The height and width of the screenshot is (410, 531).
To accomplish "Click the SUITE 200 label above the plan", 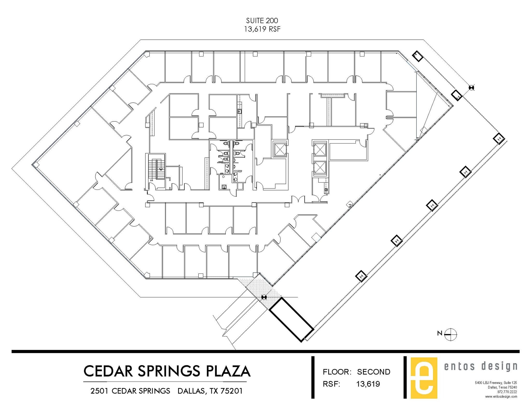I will click(262, 20).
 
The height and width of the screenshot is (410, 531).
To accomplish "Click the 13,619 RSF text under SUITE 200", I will click(262, 29).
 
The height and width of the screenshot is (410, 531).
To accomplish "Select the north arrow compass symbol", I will click(451, 334).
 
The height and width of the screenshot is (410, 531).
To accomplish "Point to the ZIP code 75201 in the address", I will click(232, 391).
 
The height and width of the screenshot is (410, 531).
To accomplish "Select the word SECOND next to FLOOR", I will click(373, 372).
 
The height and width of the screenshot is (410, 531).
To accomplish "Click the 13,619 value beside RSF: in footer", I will click(368, 384).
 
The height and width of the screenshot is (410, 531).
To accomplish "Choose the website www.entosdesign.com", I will click(501, 397).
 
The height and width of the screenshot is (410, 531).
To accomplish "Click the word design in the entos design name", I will click(499, 366).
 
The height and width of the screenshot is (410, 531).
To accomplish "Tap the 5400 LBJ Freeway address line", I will click(496, 383).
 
